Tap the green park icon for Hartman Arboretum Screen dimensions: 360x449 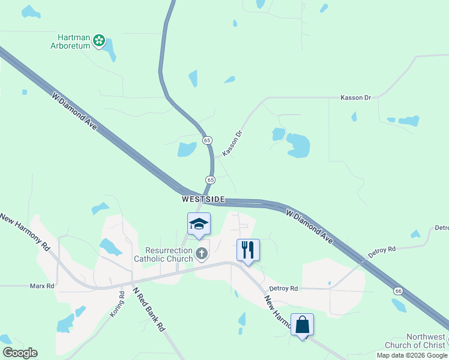99,41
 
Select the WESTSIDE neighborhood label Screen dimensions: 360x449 203,199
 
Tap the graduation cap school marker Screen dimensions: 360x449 199,224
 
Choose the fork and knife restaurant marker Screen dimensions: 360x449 248,248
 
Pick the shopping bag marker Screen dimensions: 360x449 302,325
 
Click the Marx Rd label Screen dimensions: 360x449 42,286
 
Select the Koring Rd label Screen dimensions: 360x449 117,304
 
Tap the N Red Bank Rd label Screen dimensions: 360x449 148,310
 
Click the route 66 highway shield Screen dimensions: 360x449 398,290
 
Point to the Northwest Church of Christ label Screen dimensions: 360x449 425,341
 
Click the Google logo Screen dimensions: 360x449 20,353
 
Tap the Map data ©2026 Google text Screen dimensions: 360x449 412,355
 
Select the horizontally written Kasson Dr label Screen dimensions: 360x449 356,97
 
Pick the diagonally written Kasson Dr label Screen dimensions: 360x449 232,144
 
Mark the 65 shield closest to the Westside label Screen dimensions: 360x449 210,179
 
